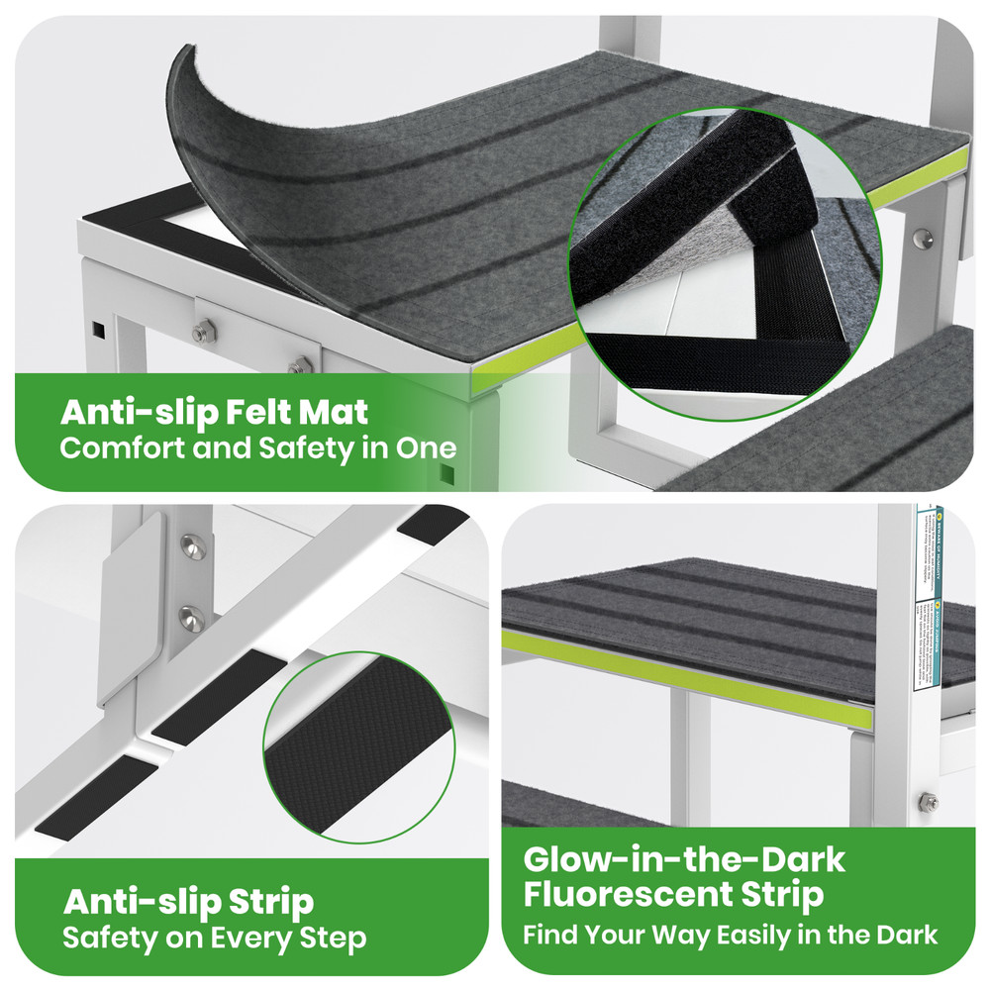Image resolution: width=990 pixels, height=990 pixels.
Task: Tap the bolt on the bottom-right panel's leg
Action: (929, 802)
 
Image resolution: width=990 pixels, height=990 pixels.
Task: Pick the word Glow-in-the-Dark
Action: (684, 858)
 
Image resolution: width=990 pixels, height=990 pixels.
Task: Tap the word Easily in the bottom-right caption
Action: (748, 934)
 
